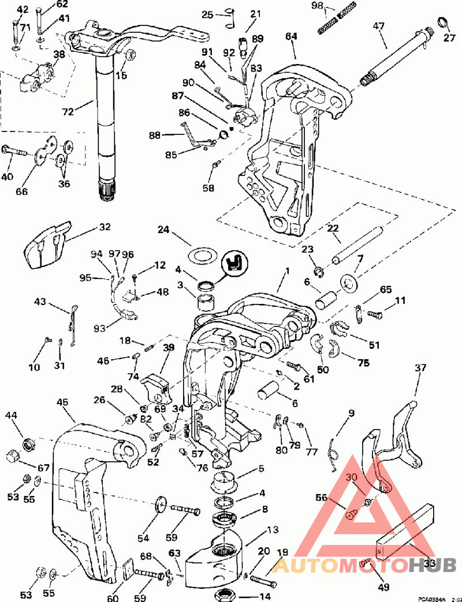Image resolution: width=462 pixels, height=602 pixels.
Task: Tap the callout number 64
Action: click(x=292, y=37)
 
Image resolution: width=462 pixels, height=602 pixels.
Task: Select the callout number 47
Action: click(x=378, y=27)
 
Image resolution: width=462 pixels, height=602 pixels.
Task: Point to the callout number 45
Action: click(x=63, y=402)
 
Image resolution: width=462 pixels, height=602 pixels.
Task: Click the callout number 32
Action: click(x=105, y=227)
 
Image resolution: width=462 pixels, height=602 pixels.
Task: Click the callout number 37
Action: click(x=420, y=367)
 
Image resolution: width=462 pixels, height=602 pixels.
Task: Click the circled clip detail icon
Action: click(x=234, y=263)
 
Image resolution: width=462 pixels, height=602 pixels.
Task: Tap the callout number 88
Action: click(x=155, y=135)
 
